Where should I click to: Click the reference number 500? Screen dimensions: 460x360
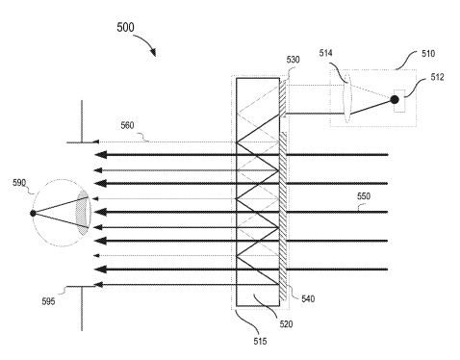(125, 27)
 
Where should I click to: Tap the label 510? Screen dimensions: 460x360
(428, 54)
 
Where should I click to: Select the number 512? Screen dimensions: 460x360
(437, 77)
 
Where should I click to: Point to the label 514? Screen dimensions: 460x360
(325, 53)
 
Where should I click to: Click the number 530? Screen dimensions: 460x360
(293, 60)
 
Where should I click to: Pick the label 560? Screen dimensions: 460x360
(127, 125)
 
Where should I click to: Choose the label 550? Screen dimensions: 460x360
(364, 196)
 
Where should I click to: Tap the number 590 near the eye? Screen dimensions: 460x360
(19, 183)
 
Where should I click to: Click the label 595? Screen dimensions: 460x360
(48, 301)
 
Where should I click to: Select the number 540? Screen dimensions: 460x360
(308, 299)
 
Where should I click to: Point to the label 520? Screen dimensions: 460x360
(286, 324)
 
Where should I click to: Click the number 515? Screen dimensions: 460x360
(260, 342)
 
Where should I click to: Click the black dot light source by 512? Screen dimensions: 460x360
(395, 100)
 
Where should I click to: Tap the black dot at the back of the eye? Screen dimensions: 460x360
(33, 213)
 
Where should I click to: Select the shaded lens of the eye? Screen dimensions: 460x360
(83, 213)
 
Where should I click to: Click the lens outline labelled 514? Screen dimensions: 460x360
(347, 98)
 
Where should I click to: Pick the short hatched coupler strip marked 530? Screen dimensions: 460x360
(283, 98)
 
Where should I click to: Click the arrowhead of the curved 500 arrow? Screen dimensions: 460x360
(154, 52)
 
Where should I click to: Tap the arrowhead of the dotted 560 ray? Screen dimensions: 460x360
(95, 141)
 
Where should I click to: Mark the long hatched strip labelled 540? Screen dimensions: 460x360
(283, 217)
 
